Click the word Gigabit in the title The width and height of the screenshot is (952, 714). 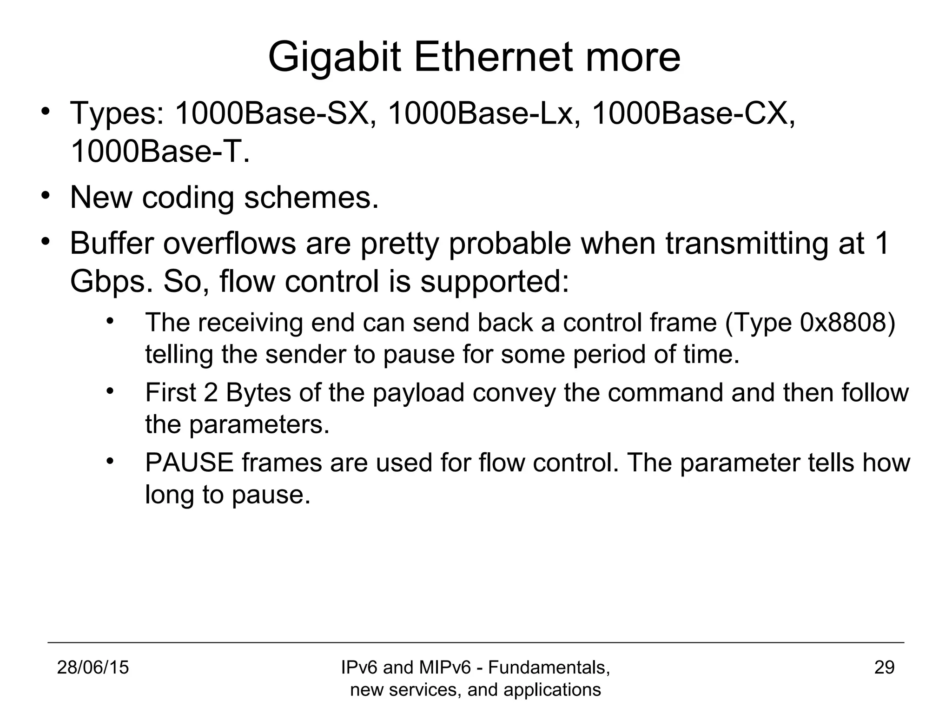pos(334,58)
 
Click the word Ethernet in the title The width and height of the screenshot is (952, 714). pos(493,57)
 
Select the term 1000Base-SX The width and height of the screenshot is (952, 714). pos(275,113)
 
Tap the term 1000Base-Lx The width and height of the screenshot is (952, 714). pos(484,113)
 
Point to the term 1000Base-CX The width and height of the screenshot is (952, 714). pos(693,113)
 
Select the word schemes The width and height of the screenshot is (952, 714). pos(311,197)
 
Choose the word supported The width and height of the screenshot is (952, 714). pos(494,283)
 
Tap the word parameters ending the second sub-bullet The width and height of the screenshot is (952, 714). pos(259,424)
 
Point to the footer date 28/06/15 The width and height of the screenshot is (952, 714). pos(93,668)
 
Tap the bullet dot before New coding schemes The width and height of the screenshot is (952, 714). pos(45,195)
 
